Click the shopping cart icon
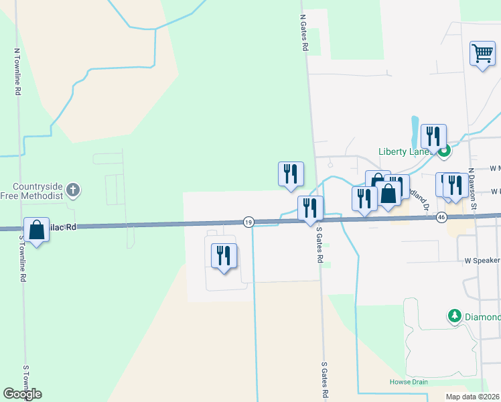click(x=482, y=53)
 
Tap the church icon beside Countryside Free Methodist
click(x=74, y=191)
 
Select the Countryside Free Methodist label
click(x=37, y=191)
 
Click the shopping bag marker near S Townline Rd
click(x=36, y=230)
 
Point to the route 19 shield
click(x=248, y=222)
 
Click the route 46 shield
click(x=441, y=217)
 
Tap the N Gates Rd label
click(x=303, y=34)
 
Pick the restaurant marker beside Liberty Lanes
click(x=433, y=137)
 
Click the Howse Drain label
click(x=409, y=382)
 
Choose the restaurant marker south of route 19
click(x=224, y=256)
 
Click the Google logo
click(x=22, y=394)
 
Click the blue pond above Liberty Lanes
click(x=415, y=131)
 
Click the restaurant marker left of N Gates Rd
click(x=291, y=174)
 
